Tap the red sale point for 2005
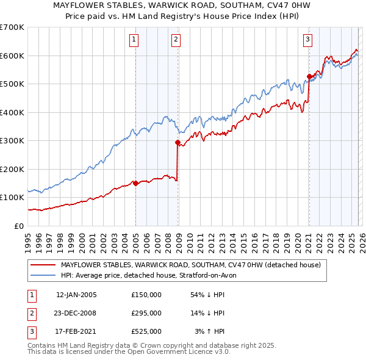[135, 183]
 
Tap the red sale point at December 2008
[178, 142]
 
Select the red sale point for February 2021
[309, 76]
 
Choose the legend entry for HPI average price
[152, 275]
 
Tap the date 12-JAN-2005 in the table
[76, 295]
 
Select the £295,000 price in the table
[146, 313]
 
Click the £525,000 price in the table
[146, 332]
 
